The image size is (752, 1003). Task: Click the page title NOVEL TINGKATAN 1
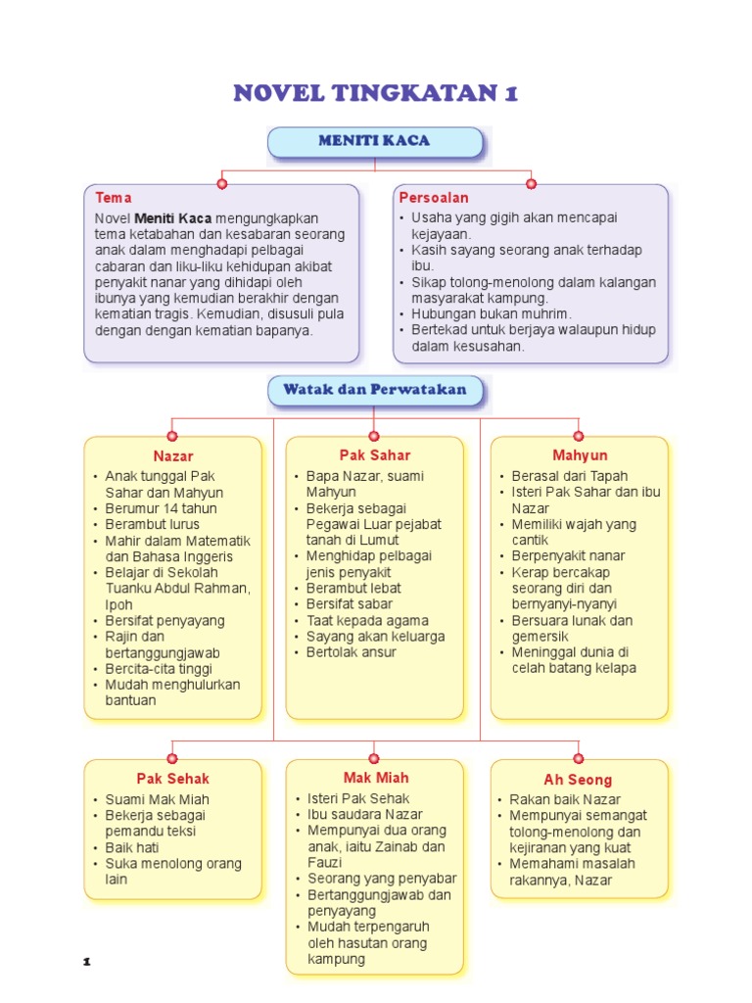tap(375, 93)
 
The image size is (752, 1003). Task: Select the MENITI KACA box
tap(374, 141)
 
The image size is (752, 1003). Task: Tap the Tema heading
tap(114, 198)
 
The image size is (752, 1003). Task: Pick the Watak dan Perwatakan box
tap(375, 390)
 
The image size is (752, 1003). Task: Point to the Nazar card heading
tap(173, 456)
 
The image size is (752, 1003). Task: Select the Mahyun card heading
tap(580, 455)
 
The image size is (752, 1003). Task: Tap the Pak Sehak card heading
tap(173, 779)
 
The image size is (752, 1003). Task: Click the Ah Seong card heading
tap(578, 781)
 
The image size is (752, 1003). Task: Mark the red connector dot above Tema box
tap(222, 183)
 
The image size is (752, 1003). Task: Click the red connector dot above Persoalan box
tap(531, 183)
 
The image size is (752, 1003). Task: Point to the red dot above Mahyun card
tap(579, 436)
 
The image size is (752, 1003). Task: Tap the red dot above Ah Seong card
tap(579, 758)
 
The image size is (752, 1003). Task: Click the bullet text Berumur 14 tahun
tap(161, 508)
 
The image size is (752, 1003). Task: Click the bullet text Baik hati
tap(134, 847)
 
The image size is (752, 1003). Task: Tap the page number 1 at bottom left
tap(87, 963)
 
